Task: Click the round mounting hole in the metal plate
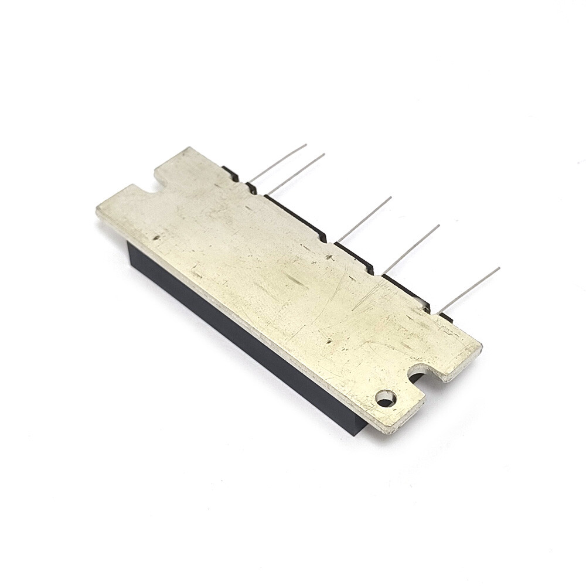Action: (x=385, y=398)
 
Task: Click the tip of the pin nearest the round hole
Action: (x=499, y=268)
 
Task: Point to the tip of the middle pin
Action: (x=391, y=197)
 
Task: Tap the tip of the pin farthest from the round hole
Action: (x=306, y=144)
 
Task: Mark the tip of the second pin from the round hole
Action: (x=439, y=225)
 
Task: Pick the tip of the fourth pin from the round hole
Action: (x=324, y=154)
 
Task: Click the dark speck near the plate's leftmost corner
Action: (x=156, y=238)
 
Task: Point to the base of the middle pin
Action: (x=338, y=241)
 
